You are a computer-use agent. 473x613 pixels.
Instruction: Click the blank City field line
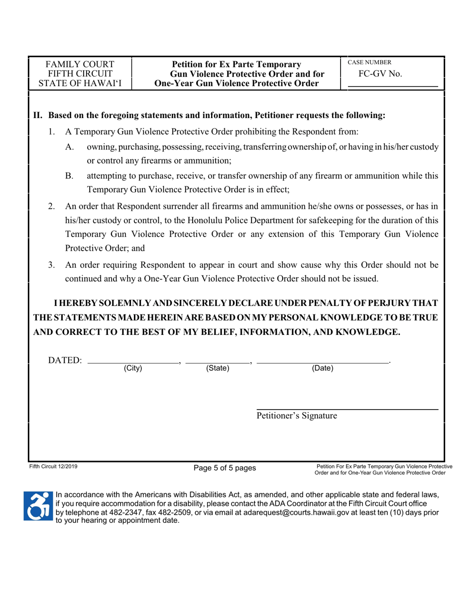click(x=133, y=362)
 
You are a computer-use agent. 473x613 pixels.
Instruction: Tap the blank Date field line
click(x=322, y=362)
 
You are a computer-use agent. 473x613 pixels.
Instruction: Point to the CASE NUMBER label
click(x=369, y=62)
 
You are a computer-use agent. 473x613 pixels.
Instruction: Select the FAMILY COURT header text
click(x=80, y=64)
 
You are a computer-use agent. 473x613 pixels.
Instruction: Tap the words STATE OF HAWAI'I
click(x=80, y=83)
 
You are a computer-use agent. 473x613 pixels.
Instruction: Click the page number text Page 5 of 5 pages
click(x=225, y=467)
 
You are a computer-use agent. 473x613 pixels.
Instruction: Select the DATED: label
click(x=65, y=360)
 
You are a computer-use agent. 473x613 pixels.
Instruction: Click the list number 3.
click(x=51, y=265)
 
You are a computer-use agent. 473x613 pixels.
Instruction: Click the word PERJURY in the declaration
click(x=397, y=303)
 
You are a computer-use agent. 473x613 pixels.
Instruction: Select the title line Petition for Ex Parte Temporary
click(x=236, y=64)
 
